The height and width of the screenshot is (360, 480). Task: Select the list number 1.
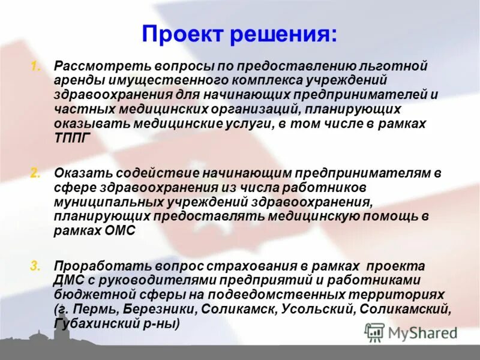tap(35, 65)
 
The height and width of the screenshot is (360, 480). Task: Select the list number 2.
tap(35, 173)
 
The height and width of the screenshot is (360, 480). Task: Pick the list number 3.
tap(35, 265)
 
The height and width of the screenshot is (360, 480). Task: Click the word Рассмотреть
tap(96, 65)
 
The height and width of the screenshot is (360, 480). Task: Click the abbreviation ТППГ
tap(71, 137)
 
